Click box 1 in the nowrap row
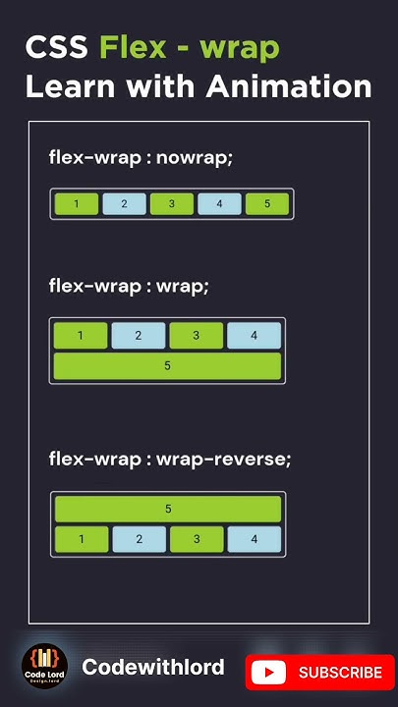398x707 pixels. point(77,204)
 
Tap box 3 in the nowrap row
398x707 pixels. point(172,204)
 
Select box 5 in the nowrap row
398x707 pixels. point(267,204)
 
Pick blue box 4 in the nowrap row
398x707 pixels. point(219,204)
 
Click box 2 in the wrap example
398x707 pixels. point(138,336)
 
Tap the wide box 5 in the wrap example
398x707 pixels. point(167,365)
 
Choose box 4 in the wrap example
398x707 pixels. point(254,336)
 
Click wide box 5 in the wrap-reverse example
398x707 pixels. point(168,509)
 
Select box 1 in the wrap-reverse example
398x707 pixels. point(81,539)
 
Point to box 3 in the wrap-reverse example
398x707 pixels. point(197,539)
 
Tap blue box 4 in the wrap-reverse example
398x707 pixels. point(254,539)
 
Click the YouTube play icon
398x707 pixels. point(268,673)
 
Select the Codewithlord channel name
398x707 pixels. point(152,668)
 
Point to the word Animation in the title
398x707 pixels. point(289,86)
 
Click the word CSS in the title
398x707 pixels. point(57,47)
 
